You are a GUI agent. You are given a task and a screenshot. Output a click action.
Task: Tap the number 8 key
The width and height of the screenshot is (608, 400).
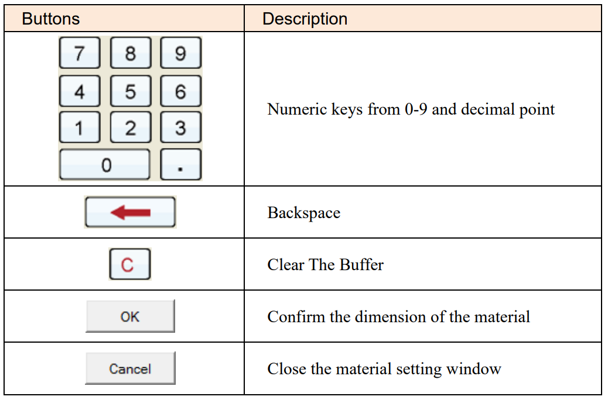(131, 53)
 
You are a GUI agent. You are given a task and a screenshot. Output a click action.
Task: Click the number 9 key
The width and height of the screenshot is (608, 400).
(180, 53)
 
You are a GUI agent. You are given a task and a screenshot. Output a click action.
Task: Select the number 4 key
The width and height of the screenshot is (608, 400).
(80, 91)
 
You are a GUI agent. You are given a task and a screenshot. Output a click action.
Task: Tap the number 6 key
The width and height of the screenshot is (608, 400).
(180, 91)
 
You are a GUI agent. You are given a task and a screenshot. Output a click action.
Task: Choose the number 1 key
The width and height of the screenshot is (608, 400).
(80, 127)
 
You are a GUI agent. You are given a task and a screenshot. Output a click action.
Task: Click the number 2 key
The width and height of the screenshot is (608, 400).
(131, 127)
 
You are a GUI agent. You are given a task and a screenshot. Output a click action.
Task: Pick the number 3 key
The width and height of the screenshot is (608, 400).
(180, 127)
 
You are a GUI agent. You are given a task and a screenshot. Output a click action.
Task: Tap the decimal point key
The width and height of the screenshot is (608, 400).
(180, 164)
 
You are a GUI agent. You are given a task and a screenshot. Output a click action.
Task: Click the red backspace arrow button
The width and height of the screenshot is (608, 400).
(130, 212)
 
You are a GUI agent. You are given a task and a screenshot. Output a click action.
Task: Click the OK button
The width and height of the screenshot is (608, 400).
(130, 316)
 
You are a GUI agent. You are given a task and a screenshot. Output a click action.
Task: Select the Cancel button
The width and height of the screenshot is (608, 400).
(130, 368)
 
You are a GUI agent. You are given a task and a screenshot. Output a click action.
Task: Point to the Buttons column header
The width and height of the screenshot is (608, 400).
(51, 19)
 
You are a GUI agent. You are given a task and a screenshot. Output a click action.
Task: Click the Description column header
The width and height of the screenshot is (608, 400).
(305, 19)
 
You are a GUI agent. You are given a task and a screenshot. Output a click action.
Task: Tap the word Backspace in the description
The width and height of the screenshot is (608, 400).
(303, 213)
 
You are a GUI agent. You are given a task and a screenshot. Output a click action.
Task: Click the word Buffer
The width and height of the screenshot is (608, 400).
(361, 264)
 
